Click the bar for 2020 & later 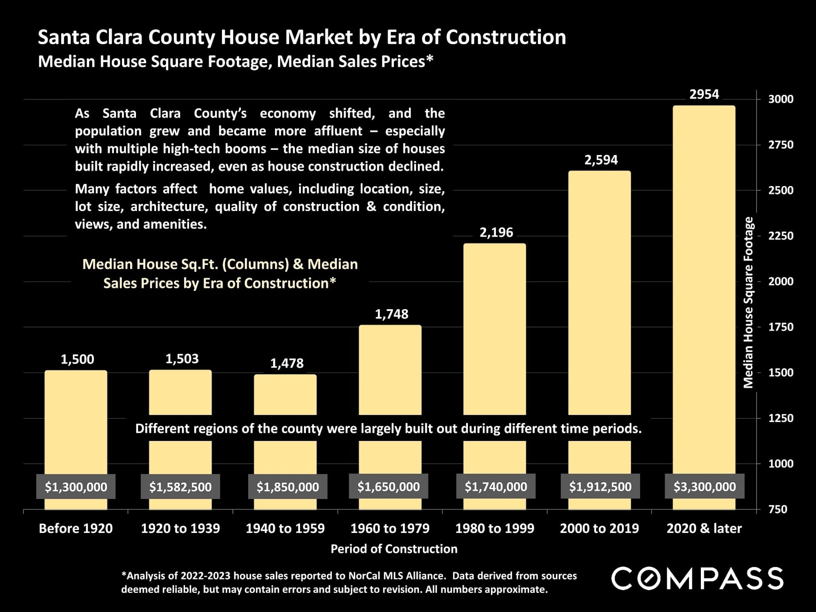(x=704, y=289)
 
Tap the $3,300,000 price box (x=705, y=487)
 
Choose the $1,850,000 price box (x=288, y=487)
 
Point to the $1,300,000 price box (x=76, y=487)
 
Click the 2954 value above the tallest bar (x=704, y=94)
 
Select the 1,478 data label (x=287, y=363)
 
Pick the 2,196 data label (x=496, y=232)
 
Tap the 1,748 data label (x=391, y=314)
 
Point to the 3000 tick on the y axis (x=781, y=99)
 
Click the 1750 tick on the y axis (x=781, y=327)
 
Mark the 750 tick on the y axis (x=778, y=509)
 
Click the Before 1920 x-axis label (x=76, y=528)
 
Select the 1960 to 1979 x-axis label (x=390, y=528)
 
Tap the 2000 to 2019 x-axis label (x=599, y=528)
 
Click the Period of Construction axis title (x=394, y=549)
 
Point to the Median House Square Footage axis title (x=748, y=302)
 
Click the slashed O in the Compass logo (x=649, y=578)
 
